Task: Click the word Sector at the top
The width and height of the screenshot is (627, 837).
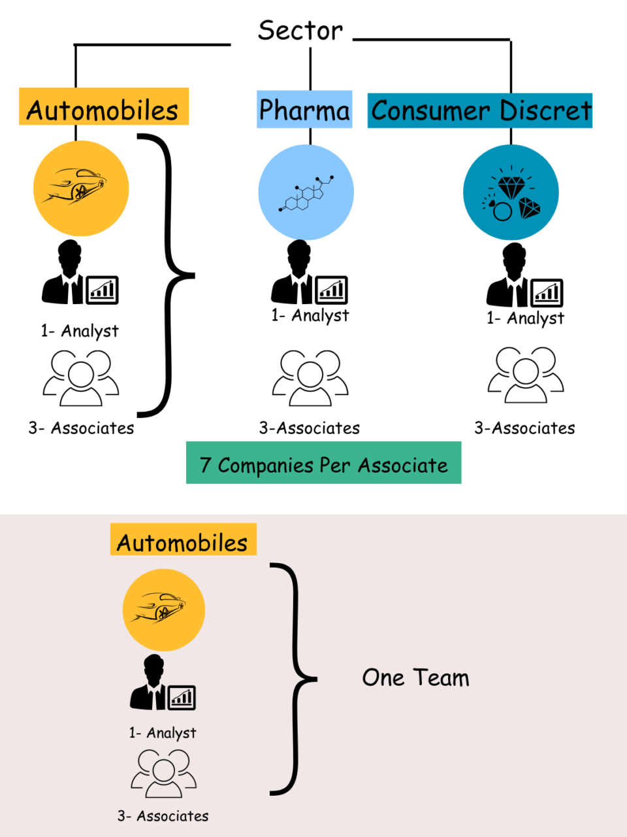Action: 300,31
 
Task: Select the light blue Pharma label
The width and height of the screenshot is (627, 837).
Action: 304,110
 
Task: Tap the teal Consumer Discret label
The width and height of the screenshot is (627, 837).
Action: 480,111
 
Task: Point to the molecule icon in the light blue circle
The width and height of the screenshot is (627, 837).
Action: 306,194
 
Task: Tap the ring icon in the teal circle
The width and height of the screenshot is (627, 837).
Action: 501,211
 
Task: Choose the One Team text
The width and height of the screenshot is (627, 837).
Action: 415,678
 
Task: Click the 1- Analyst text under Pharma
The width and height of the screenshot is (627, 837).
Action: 310,315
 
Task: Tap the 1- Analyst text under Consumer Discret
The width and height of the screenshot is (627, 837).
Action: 525,318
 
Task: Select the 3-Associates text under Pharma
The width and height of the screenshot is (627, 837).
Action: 310,428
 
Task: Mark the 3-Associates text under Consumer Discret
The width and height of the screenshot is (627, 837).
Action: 524,428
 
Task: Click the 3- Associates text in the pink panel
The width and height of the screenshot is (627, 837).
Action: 163,816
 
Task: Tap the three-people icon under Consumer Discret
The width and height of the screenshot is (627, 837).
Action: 526,375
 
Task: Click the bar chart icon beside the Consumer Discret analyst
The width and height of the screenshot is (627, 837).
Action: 547,293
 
